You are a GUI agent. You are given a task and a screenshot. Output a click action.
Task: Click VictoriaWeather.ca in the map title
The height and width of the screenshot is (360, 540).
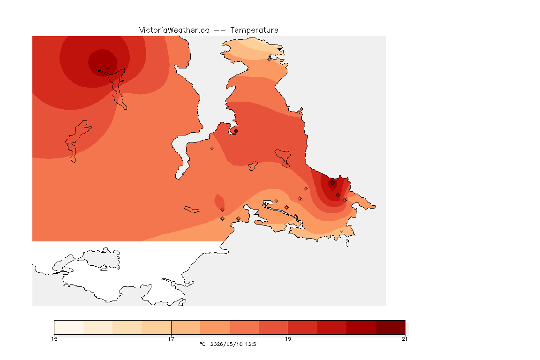[174, 30]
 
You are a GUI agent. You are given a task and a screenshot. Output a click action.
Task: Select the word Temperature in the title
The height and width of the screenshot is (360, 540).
[254, 30]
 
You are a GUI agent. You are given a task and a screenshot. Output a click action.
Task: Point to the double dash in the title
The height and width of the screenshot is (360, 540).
[220, 30]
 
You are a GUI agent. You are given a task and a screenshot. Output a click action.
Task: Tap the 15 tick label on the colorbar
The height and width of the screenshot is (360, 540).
[54, 339]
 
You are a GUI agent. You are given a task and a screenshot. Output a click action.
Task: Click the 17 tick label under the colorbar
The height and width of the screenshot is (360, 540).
[171, 339]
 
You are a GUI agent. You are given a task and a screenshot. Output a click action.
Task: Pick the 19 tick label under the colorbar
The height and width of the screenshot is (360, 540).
[288, 339]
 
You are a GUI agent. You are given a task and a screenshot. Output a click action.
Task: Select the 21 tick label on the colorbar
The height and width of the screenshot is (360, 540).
[405, 339]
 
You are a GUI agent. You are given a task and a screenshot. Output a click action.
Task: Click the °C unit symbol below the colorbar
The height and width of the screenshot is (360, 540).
[203, 344]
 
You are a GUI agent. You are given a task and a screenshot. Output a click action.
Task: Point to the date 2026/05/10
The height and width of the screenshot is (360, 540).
[225, 344]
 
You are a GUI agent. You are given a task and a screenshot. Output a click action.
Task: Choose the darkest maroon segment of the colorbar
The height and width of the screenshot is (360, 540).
[390, 327]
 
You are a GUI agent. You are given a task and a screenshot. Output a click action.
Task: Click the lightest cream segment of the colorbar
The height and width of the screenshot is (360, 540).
[69, 327]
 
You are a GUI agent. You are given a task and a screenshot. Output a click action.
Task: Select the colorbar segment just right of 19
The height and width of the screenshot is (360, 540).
[303, 327]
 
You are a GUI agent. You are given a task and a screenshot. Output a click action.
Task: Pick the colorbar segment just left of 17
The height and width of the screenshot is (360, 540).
[157, 327]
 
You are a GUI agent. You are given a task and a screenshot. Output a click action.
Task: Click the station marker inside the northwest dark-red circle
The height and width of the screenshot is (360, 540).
[108, 69]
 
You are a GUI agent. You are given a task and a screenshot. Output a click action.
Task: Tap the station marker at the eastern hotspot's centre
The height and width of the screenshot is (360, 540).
[332, 183]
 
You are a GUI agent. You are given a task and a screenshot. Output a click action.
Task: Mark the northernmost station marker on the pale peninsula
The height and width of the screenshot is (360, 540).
[270, 59]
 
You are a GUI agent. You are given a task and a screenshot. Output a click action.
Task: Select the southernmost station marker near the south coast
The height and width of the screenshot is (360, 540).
[341, 231]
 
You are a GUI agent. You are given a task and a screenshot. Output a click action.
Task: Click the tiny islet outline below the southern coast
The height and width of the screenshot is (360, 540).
[347, 243]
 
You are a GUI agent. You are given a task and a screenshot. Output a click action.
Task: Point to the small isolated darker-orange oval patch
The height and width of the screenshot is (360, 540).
[219, 202]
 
